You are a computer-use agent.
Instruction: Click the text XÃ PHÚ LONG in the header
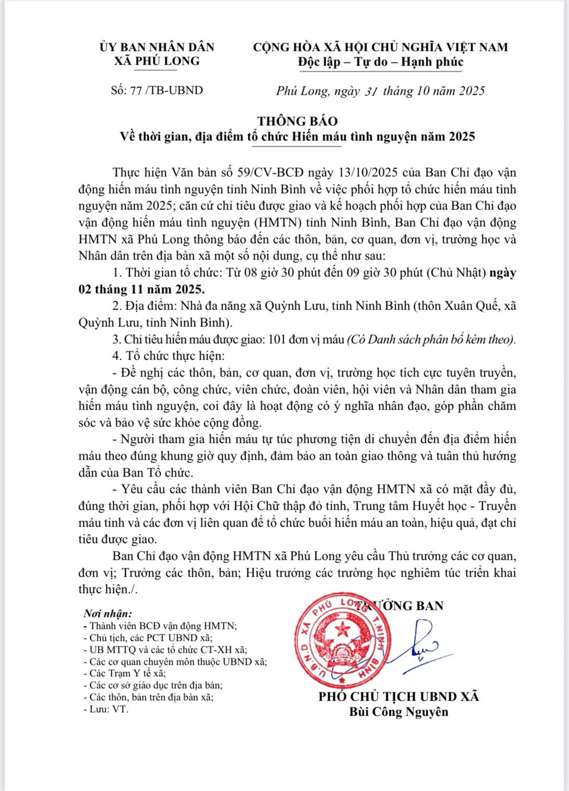point(157,61)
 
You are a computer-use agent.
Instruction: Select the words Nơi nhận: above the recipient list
point(108,613)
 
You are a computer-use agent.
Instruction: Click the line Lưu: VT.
point(108,709)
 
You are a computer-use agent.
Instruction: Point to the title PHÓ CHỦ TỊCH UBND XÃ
point(398,697)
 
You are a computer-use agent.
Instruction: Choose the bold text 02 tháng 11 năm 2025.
point(141,289)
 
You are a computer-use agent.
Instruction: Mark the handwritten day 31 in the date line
point(371,91)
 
